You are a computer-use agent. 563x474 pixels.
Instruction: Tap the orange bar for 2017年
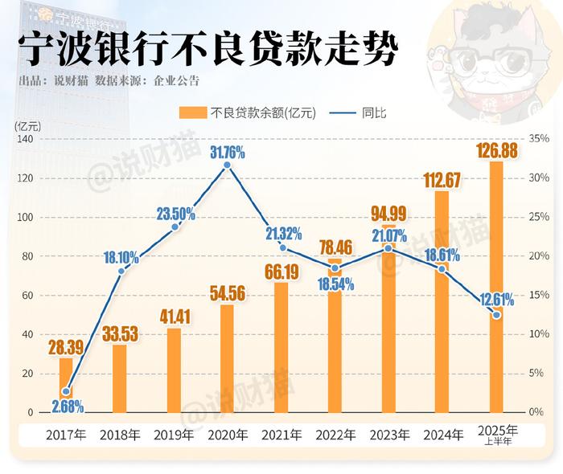[x=66, y=386]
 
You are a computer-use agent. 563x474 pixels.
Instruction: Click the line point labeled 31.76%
[x=227, y=165]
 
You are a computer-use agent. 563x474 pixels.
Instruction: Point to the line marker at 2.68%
[x=66, y=392]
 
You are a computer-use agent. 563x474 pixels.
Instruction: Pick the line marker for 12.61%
[x=496, y=315]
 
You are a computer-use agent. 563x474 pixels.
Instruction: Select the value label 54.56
[x=227, y=293]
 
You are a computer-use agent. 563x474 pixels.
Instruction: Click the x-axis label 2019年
[x=174, y=435]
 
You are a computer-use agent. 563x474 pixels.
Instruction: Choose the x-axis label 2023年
[x=389, y=435]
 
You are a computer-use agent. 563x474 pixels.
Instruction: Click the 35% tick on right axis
[x=538, y=139]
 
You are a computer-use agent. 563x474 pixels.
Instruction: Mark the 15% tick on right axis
[x=538, y=295]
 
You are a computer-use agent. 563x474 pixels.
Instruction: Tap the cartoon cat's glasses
[x=491, y=61]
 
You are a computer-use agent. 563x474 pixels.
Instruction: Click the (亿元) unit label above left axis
[x=27, y=125]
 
